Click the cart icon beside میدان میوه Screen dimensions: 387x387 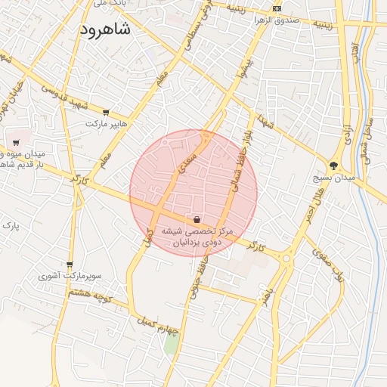tap(16, 142)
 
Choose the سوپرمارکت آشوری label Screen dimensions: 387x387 tap(70, 277)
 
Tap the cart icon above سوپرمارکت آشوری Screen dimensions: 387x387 tap(70, 265)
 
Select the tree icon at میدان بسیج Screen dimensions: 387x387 tap(334, 166)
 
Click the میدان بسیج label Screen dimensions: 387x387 tap(333, 178)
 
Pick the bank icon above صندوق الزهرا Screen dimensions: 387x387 tap(277, 8)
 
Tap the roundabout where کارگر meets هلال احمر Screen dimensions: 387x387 tap(286, 259)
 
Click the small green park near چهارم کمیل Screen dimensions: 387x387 tap(173, 343)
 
